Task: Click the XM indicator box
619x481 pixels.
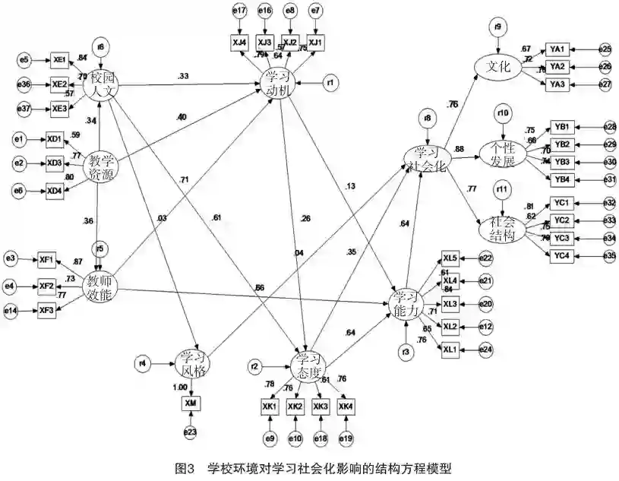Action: pos(191,403)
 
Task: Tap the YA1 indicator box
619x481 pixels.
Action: pos(557,49)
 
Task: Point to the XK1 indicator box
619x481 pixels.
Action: pos(268,407)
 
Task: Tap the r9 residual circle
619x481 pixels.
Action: pos(497,29)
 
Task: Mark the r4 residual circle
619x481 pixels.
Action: pos(142,362)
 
